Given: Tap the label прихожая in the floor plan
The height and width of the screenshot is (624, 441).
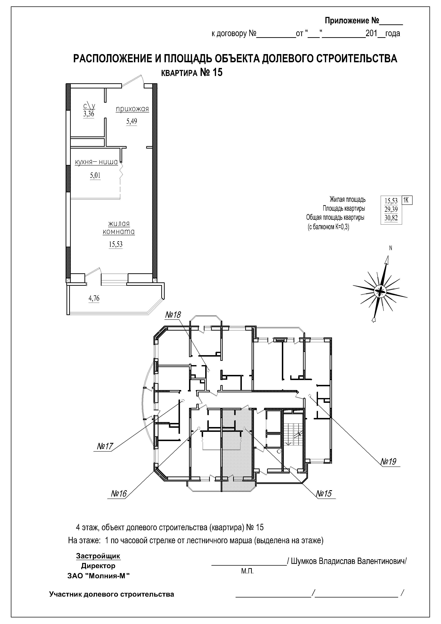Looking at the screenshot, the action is [132, 109].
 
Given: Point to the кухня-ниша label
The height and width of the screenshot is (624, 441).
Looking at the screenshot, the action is [96, 162].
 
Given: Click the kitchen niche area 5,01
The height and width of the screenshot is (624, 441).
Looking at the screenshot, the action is [95, 176].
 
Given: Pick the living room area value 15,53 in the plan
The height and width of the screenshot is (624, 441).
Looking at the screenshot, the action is [116, 244].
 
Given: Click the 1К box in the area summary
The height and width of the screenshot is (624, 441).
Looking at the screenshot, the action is [407, 200].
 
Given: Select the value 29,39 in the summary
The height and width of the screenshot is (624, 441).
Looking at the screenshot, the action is [391, 209].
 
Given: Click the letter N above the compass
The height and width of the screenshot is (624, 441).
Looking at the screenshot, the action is [391, 248].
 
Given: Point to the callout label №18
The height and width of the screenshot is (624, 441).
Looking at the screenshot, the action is [173, 315].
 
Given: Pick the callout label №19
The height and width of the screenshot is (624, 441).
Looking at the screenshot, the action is [389, 462].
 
